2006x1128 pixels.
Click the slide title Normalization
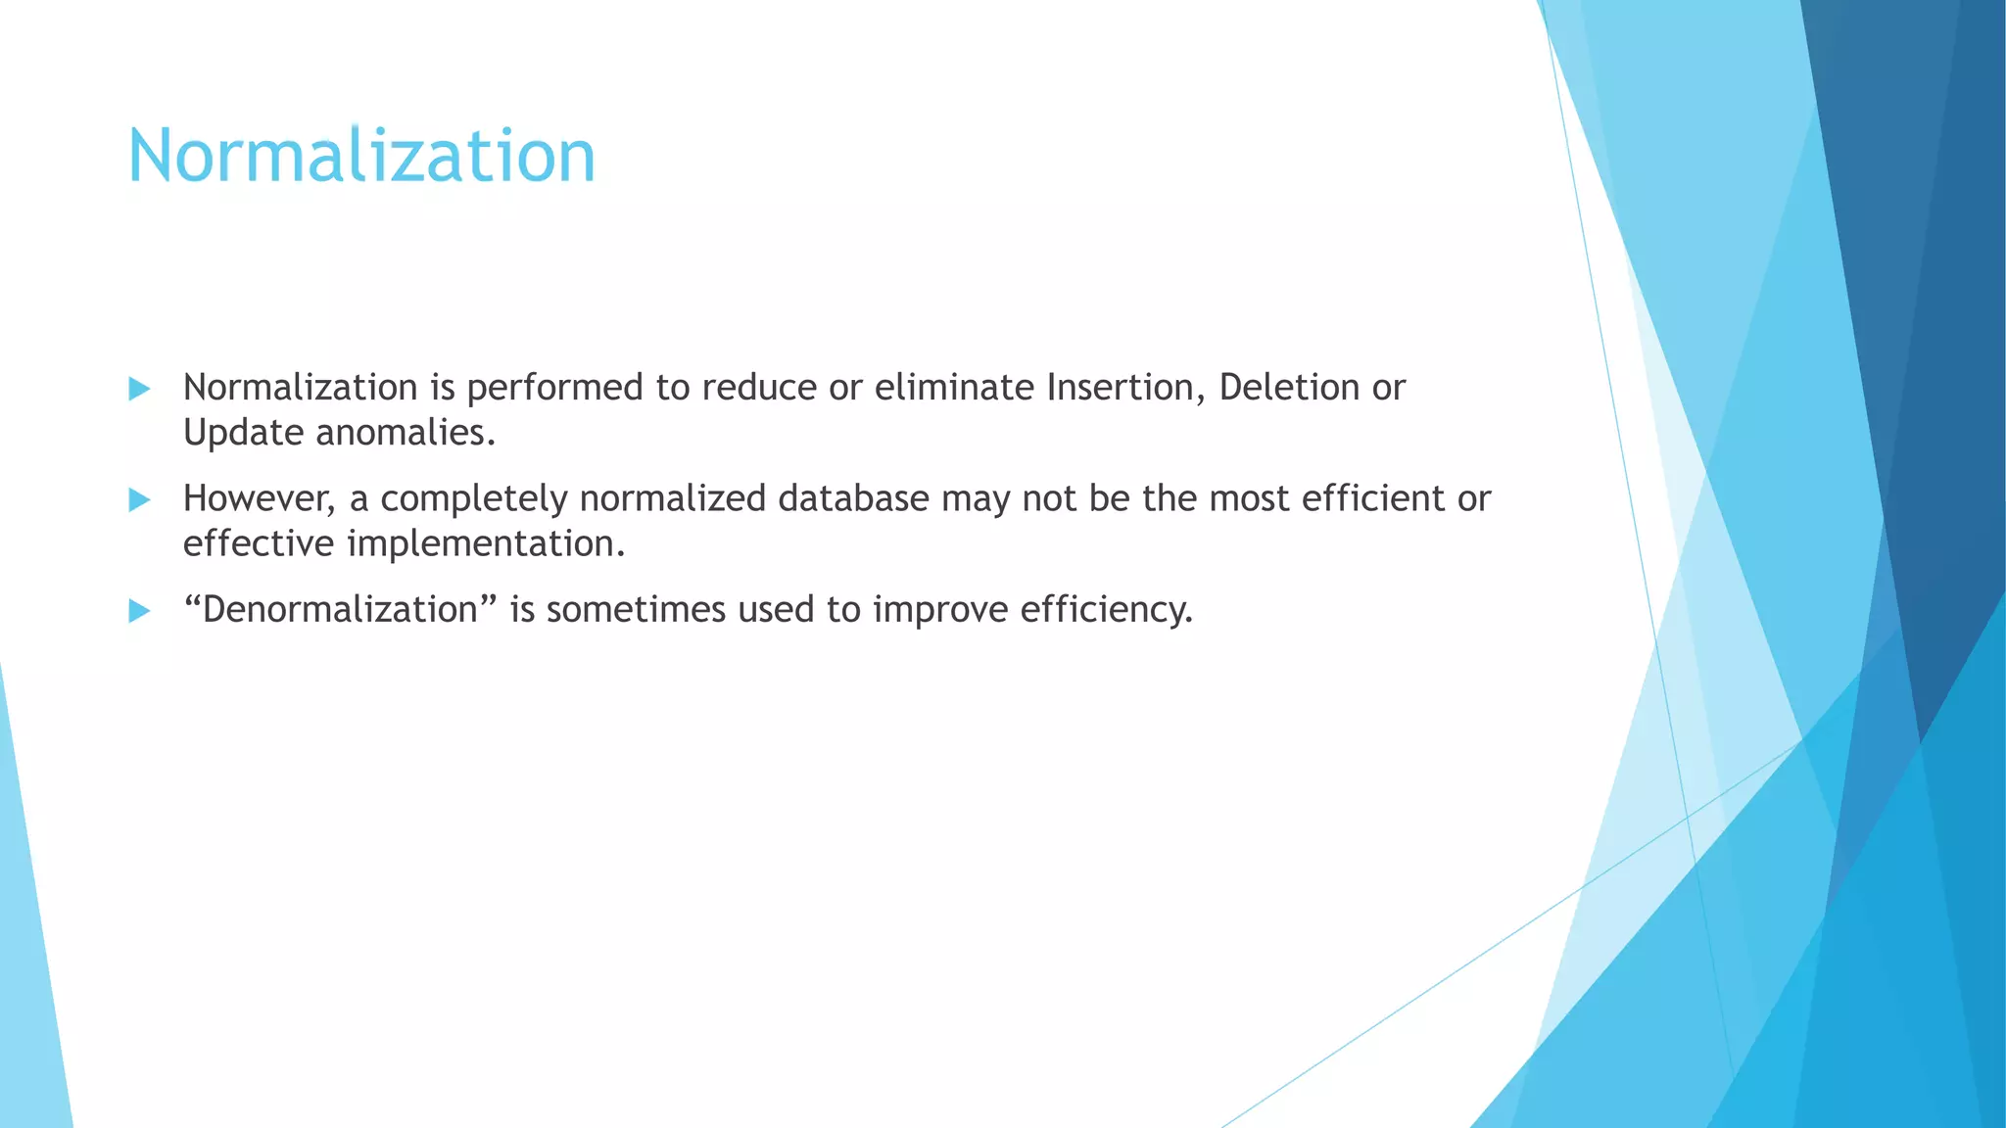tap(361, 156)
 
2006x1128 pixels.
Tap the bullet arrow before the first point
tap(139, 389)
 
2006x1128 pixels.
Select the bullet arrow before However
tap(139, 500)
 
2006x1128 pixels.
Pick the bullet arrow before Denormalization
tap(139, 611)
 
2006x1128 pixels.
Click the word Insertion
tap(1125, 388)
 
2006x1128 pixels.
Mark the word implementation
tap(486, 544)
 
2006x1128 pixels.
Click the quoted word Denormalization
tap(340, 610)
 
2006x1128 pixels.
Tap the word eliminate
tap(954, 388)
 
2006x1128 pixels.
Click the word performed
tap(554, 388)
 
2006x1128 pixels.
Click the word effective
tap(259, 544)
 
